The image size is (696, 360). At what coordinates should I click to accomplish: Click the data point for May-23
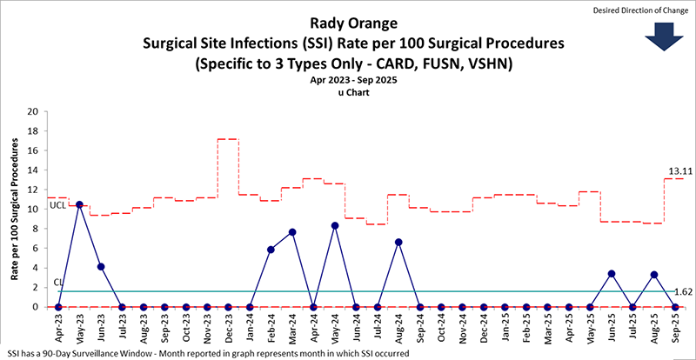pyautogui.click(x=79, y=204)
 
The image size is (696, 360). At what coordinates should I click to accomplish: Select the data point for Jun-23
pyautogui.click(x=101, y=266)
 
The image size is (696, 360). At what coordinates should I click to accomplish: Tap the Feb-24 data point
pyautogui.click(x=271, y=250)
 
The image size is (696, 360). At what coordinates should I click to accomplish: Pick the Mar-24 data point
pyautogui.click(x=292, y=232)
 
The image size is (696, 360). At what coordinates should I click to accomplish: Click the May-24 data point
pyautogui.click(x=335, y=225)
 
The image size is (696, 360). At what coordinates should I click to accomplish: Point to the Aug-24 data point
pyautogui.click(x=398, y=242)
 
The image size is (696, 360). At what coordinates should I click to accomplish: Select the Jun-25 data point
pyautogui.click(x=612, y=273)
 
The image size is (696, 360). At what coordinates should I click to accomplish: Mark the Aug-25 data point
pyautogui.click(x=654, y=274)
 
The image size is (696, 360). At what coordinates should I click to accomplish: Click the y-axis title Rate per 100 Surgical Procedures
pyautogui.click(x=15, y=210)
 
